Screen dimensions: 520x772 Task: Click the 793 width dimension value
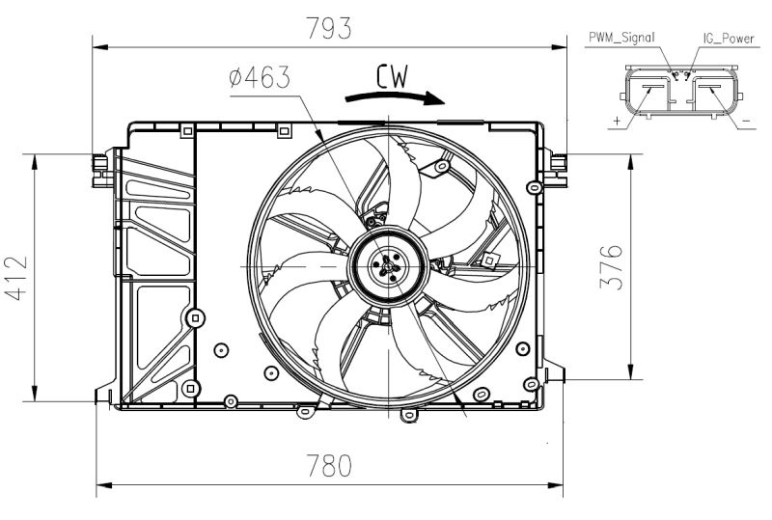coord(329,28)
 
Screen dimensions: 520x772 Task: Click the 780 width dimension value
coord(329,466)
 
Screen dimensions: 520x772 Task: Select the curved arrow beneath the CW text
coord(395,96)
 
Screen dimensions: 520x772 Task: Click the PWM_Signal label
coord(621,39)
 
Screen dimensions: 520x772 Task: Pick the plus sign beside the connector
coord(616,122)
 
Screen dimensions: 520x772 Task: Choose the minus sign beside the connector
coord(745,122)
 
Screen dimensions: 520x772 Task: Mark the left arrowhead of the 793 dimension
coord(97,44)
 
